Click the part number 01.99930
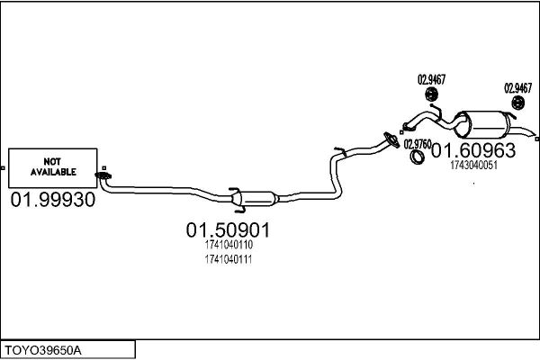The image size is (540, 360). coord(53,200)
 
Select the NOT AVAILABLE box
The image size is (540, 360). coord(53,168)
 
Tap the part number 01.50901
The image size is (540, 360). coord(228,230)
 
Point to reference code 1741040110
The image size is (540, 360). coord(229,245)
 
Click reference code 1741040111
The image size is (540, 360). coord(229,259)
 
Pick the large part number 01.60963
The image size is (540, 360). coord(473,150)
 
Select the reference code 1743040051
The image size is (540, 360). coord(474,166)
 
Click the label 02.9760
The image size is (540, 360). coord(418,144)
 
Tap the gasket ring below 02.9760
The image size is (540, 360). coord(418,157)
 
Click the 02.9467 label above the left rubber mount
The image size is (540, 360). coord(431,79)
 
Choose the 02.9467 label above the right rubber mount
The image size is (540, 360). coord(518,88)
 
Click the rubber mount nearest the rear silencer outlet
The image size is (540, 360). coord(517,103)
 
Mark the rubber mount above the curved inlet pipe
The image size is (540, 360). coord(431,94)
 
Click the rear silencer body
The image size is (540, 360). coord(482,125)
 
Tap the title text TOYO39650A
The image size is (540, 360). coord(43,351)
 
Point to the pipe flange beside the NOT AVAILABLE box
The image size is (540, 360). coord(103,175)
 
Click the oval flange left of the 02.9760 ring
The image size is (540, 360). coord(391,139)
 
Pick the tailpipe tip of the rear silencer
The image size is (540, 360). coord(534,134)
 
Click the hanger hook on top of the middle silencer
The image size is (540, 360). coord(234,190)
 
